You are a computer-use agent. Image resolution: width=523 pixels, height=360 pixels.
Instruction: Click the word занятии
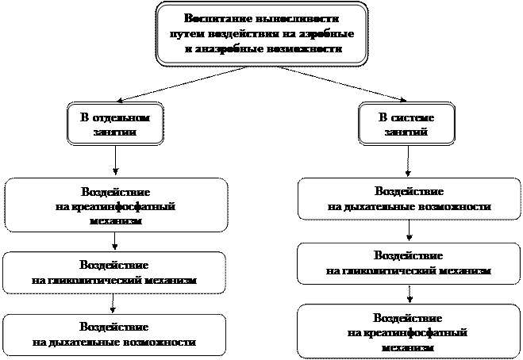pyautogui.click(x=115, y=132)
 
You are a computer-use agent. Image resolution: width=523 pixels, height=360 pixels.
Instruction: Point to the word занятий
pyautogui.click(x=406, y=132)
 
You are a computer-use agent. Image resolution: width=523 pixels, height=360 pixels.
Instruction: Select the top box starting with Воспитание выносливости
pyautogui.click(x=262, y=33)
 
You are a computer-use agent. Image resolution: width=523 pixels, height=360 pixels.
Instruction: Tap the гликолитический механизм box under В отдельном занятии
pyautogui.click(x=115, y=272)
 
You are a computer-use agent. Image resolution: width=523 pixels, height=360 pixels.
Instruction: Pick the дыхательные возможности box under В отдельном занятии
pyautogui.click(x=115, y=335)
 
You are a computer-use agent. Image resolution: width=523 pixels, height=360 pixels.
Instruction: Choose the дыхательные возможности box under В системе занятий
pyautogui.click(x=409, y=199)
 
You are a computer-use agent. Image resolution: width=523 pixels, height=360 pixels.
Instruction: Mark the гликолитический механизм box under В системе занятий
pyautogui.click(x=409, y=263)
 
